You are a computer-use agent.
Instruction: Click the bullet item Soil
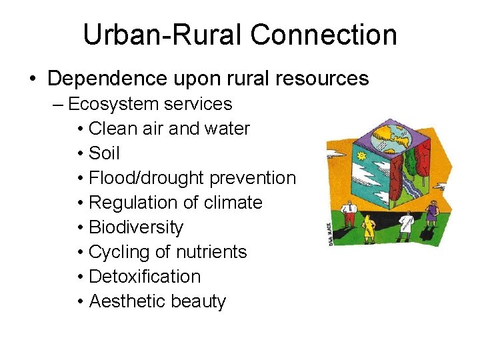pos(104,153)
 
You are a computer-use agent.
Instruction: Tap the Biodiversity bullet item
pos(135,227)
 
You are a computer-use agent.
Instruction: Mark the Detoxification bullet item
pos(144,277)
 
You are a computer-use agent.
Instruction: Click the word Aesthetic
pos(127,301)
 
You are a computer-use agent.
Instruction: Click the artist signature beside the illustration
pos(330,233)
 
